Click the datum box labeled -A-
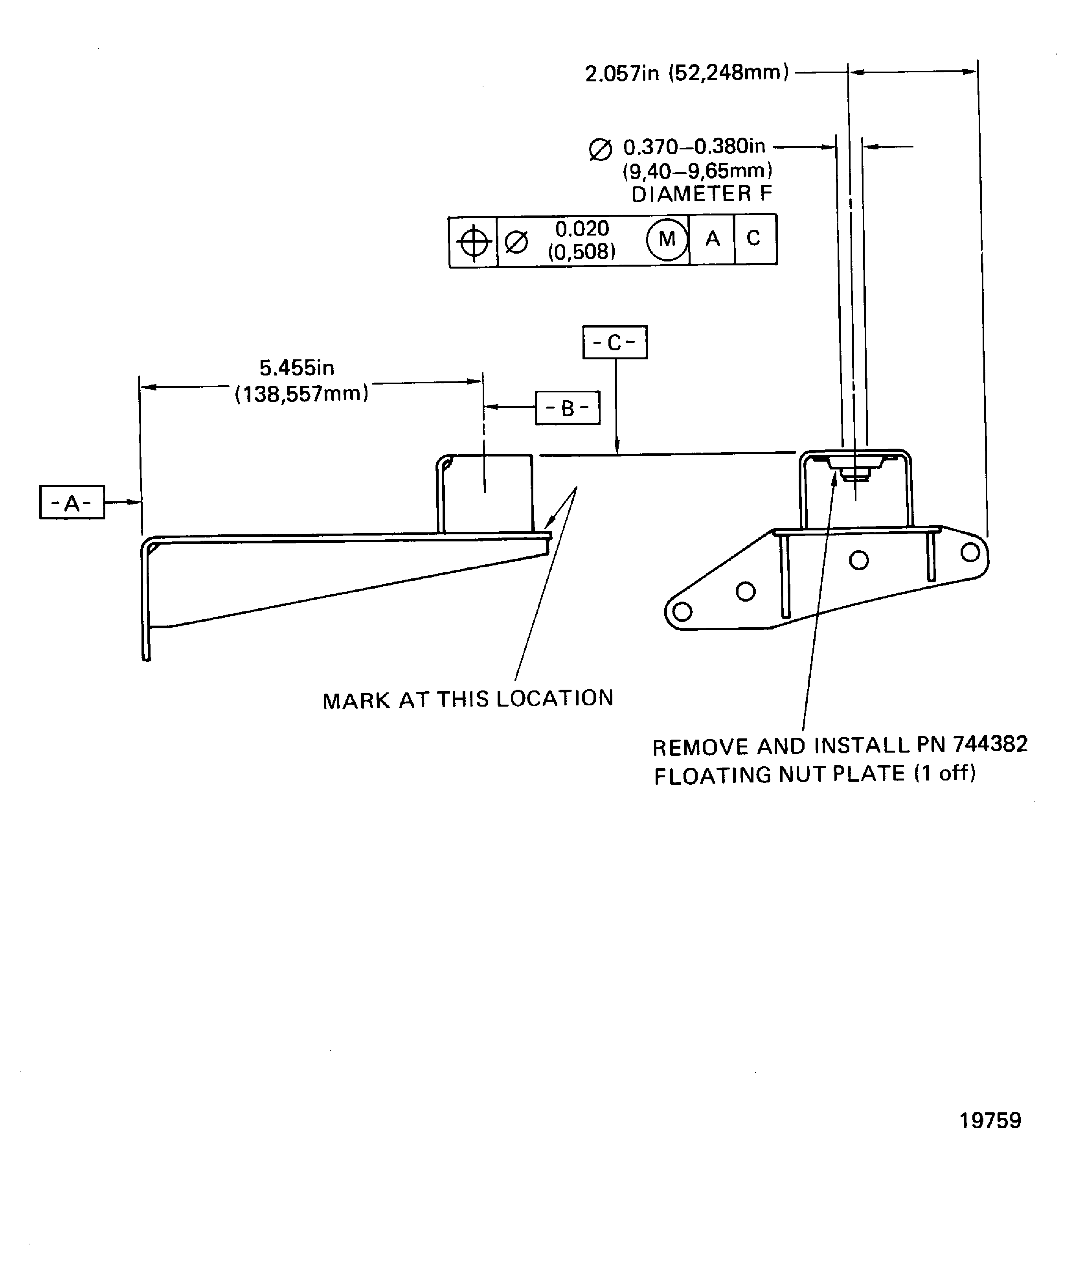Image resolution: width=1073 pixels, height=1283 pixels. click(72, 502)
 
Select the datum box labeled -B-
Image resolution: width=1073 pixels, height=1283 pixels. click(567, 407)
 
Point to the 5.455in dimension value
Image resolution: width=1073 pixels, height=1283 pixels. click(297, 368)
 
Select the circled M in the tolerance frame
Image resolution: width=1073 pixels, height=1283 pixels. click(667, 239)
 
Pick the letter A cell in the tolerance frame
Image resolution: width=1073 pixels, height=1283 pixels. click(712, 239)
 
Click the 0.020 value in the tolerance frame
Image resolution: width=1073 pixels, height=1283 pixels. click(582, 228)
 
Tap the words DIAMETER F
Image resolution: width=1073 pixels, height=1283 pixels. click(702, 194)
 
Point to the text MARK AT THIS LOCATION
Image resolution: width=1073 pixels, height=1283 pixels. click(468, 699)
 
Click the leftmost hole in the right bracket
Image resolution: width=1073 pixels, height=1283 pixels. click(682, 611)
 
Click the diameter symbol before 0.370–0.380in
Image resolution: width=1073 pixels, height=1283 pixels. click(600, 150)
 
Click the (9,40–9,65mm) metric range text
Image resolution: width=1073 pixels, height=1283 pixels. click(697, 171)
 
